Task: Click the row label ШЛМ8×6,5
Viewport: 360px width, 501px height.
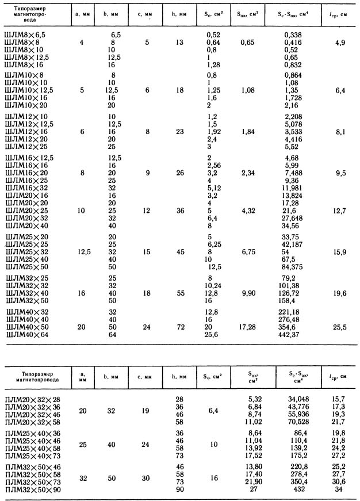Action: click(24, 36)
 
